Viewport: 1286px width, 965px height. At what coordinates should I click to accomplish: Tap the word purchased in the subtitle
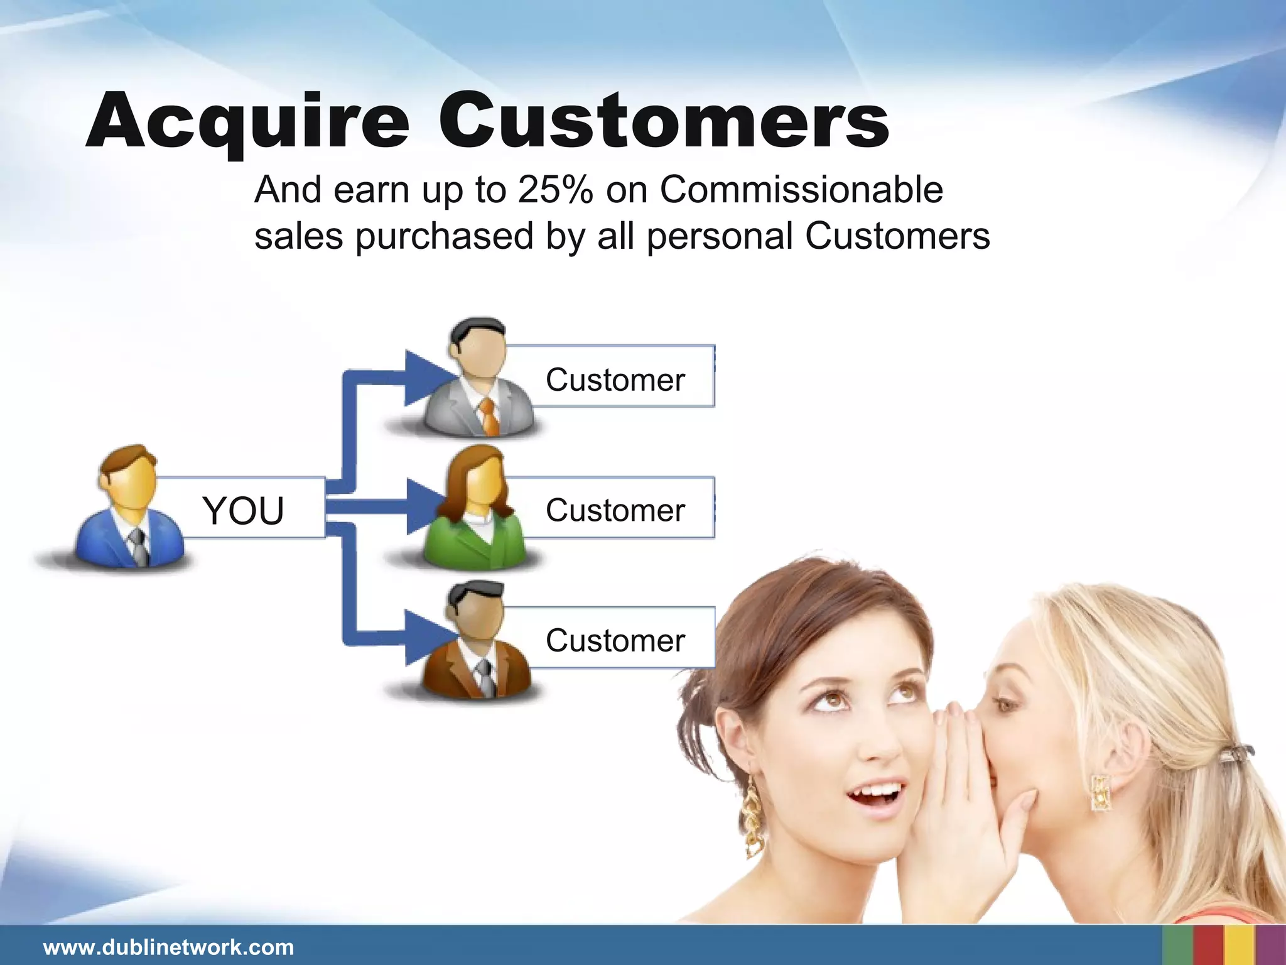(x=445, y=237)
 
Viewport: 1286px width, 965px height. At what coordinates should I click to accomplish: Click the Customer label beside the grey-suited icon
(x=615, y=379)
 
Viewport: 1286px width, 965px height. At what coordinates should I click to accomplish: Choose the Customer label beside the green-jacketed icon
(x=615, y=510)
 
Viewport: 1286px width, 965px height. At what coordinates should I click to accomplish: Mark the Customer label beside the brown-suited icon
(x=615, y=640)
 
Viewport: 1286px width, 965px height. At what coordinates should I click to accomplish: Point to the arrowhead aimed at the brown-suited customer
(x=427, y=637)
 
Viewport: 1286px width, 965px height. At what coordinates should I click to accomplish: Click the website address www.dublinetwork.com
(x=168, y=947)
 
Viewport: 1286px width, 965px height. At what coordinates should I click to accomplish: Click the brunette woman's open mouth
(x=875, y=797)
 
